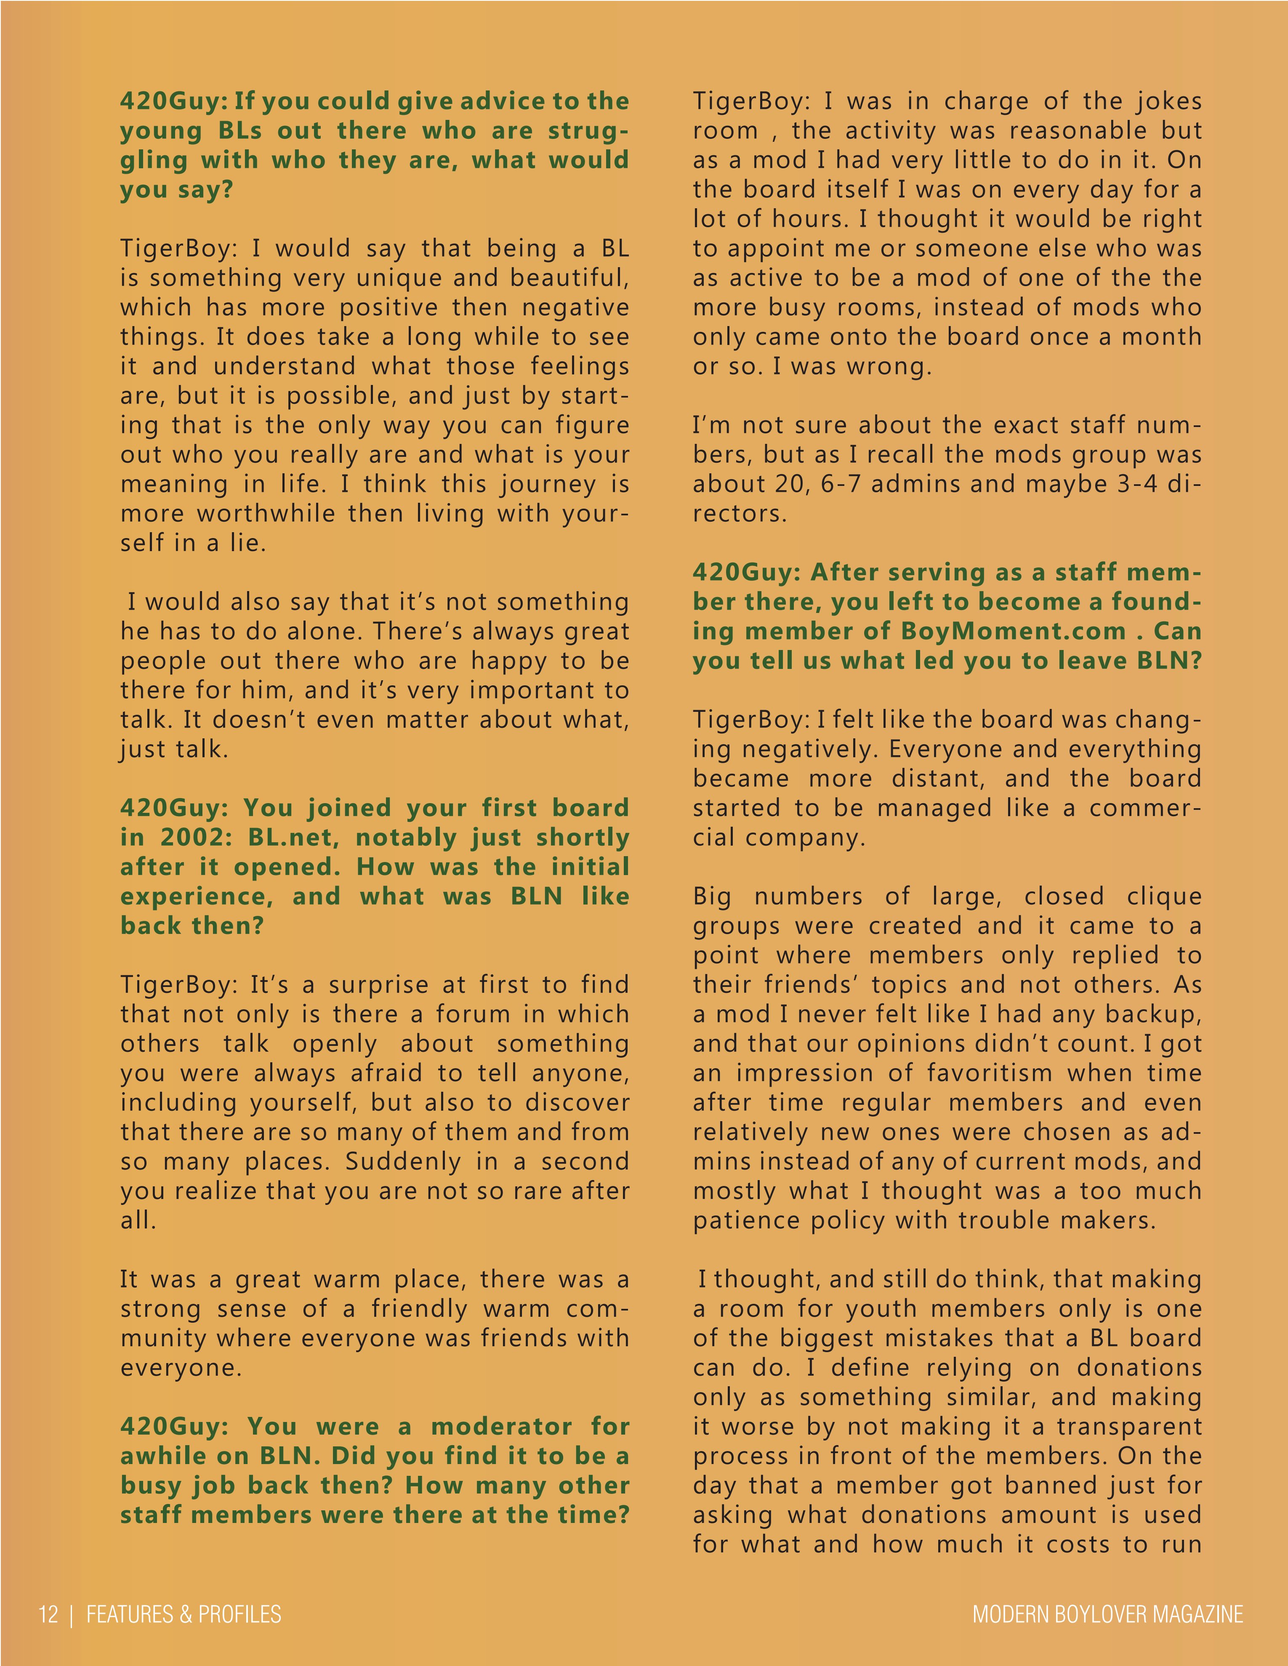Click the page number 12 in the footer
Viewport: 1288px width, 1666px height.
pos(48,1614)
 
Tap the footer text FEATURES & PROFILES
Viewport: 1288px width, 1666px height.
pos(184,1614)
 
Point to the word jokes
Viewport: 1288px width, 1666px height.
pos(1166,101)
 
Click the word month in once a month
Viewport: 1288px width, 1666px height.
pos(1161,337)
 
